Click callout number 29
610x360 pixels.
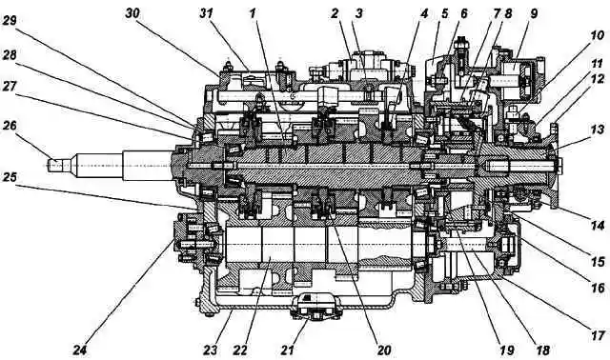pos(10,20)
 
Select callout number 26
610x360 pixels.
pos(10,126)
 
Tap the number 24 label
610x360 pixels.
pos(80,350)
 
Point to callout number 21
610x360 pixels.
pos(288,350)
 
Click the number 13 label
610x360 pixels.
pos(598,130)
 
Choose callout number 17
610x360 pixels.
pos(598,335)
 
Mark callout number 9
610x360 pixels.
pos(534,13)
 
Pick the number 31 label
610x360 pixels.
pos(206,13)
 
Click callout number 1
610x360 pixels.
pos(253,13)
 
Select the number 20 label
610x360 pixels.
pos(384,350)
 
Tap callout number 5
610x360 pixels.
pos(445,13)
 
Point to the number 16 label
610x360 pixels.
pos(598,289)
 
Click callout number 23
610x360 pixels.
pos(211,350)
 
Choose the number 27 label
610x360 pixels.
pos(10,87)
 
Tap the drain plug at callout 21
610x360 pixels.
pos(315,311)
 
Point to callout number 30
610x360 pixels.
pos(132,13)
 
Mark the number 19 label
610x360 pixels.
pos(507,350)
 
